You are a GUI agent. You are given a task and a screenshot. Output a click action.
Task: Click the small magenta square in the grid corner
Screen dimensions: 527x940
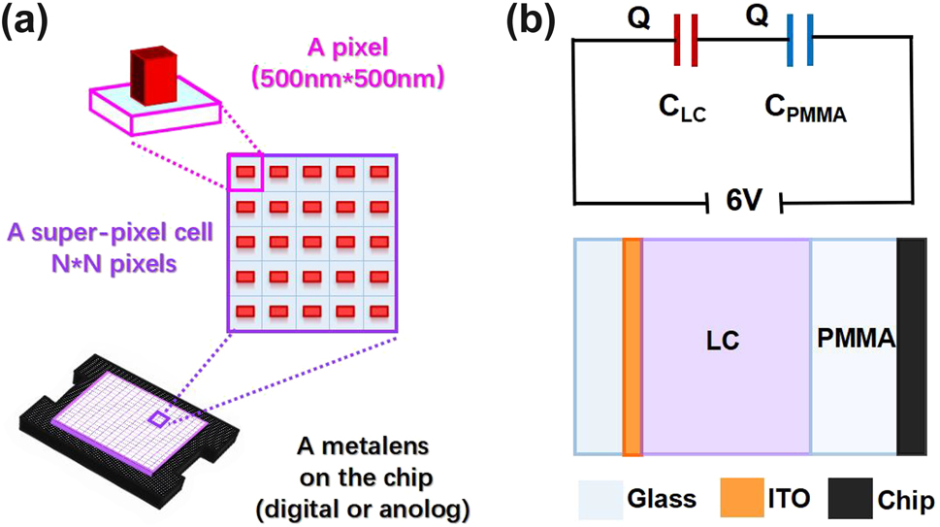click(244, 172)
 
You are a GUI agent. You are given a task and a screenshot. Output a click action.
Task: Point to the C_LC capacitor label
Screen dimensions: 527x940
click(677, 113)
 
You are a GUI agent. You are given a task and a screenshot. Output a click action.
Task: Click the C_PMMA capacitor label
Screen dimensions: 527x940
click(803, 113)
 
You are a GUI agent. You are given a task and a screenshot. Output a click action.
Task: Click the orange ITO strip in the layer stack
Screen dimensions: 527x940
click(632, 346)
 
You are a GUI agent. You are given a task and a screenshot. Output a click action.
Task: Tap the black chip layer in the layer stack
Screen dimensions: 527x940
click(912, 346)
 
